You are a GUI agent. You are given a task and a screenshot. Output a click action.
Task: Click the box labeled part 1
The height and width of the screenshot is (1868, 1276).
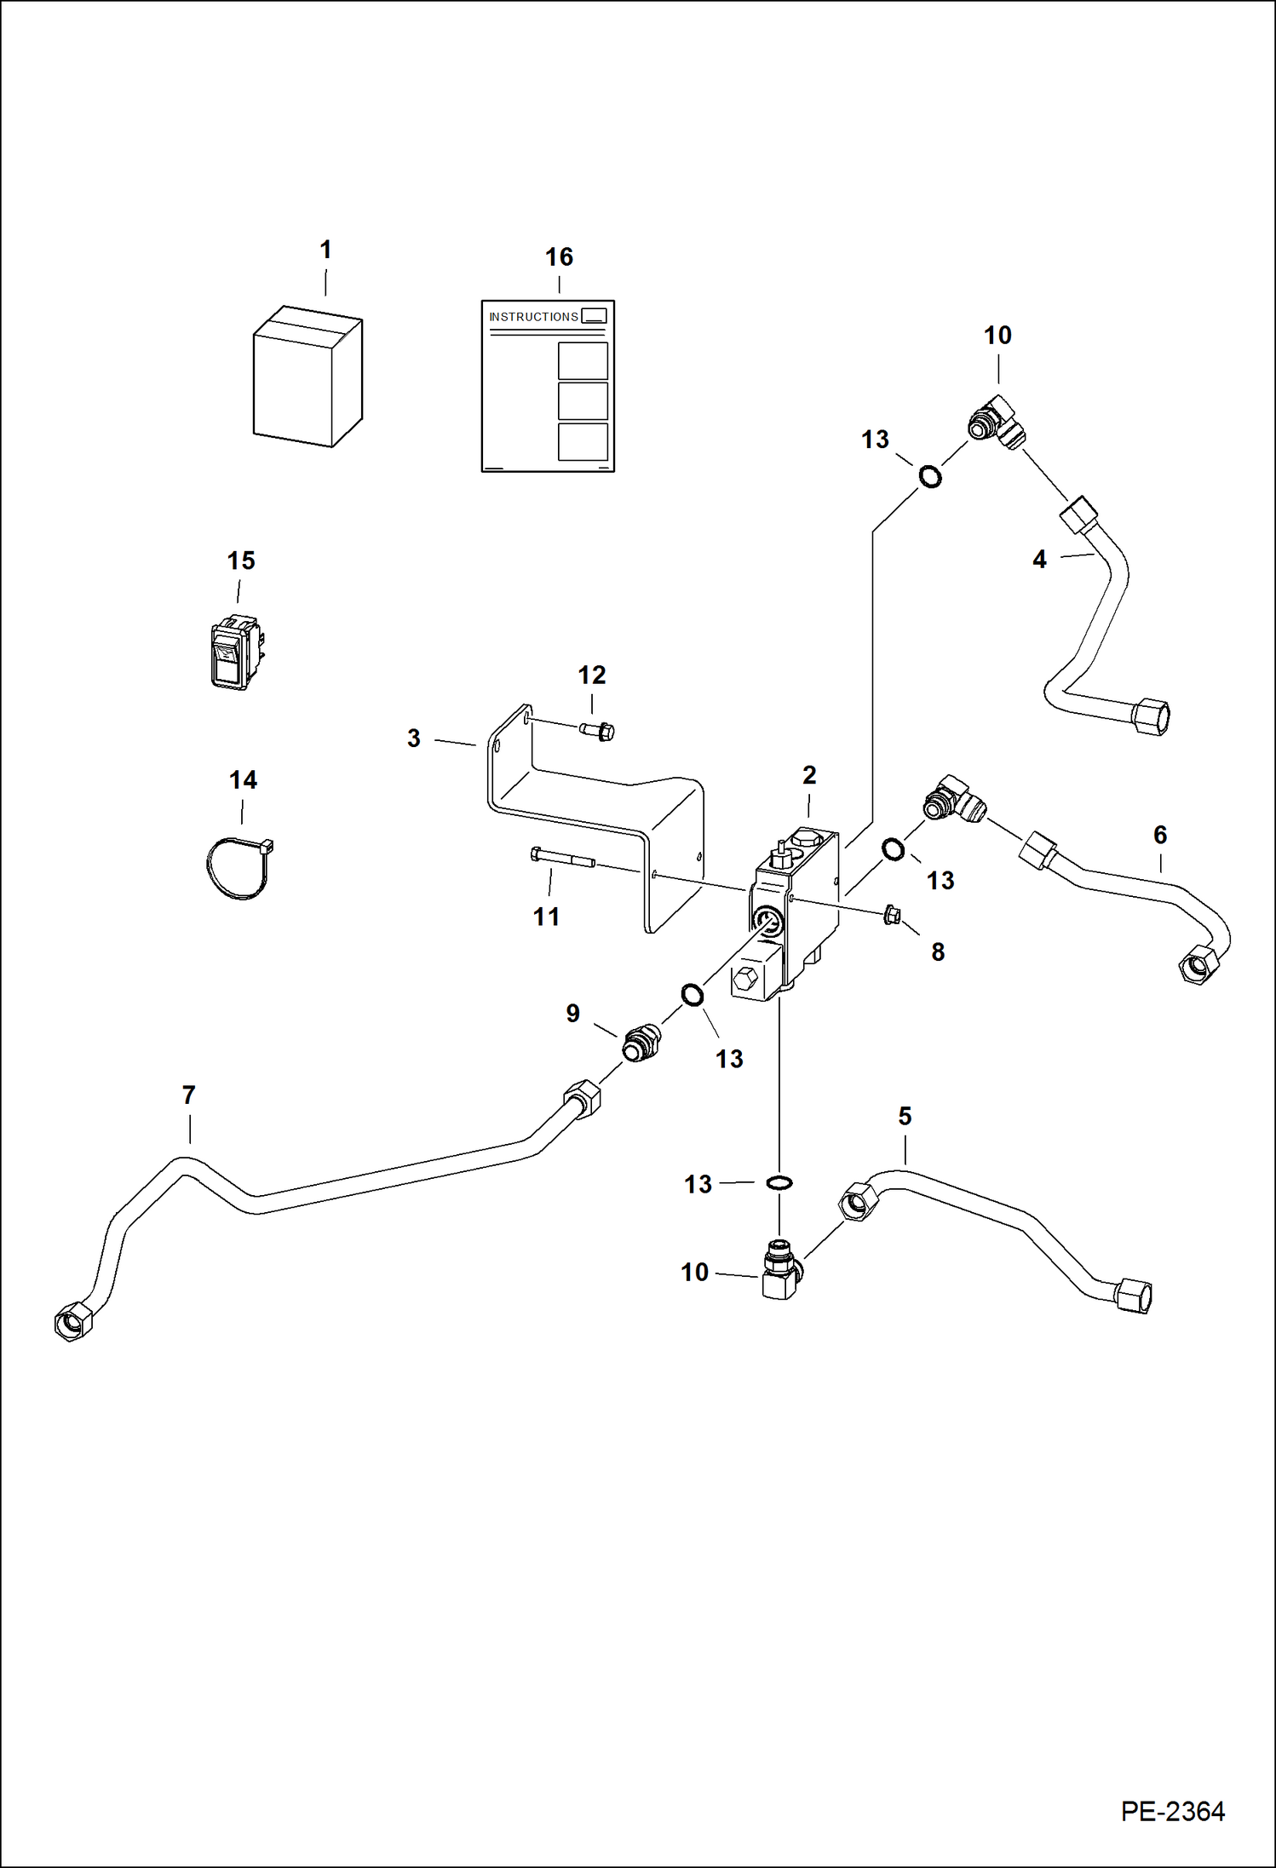point(307,376)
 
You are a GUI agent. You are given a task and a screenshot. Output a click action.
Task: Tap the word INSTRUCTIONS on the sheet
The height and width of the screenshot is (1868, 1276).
point(533,317)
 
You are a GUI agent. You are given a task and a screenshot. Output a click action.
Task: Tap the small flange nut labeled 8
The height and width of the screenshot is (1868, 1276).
point(892,915)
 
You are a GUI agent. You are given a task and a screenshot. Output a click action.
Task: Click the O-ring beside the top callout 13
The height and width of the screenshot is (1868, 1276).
point(930,476)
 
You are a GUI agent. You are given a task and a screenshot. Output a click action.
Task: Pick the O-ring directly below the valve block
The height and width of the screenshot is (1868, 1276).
point(779,1182)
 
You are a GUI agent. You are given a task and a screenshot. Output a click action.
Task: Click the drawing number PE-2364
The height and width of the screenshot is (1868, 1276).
point(1172,1811)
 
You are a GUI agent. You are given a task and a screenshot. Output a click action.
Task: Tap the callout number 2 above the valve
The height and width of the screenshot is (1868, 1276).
point(809,775)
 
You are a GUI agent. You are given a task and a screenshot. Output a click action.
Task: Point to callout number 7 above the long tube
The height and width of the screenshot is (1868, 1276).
point(189,1095)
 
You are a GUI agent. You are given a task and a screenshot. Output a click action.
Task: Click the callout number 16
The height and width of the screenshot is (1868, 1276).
point(559,257)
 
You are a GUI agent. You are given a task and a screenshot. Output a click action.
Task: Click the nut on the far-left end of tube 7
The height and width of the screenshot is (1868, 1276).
point(72,1322)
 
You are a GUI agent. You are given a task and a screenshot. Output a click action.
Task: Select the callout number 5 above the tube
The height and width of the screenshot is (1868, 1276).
point(905,1116)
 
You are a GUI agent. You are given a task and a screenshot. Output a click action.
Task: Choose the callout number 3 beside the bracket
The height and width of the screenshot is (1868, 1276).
point(414,738)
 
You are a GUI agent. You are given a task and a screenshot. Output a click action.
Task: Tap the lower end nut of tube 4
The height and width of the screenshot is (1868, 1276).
point(1151,716)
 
